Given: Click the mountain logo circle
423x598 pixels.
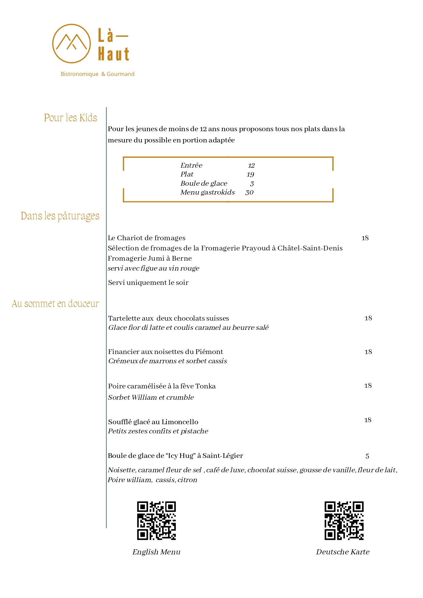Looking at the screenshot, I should click(72, 44).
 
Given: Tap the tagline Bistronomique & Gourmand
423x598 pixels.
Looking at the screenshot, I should click(97, 74).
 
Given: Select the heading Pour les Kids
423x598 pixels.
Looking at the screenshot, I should click(71, 118).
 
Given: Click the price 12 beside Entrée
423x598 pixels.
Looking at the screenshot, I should click(251, 166).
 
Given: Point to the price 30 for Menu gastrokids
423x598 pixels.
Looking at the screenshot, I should click(249, 193).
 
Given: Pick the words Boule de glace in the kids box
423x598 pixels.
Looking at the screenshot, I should click(203, 183).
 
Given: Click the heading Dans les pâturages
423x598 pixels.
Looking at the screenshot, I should click(60, 216).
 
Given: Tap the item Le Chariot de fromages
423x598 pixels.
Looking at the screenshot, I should click(147, 238).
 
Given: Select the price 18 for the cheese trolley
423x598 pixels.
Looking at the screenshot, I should click(365, 238).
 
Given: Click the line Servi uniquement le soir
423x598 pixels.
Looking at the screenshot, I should click(148, 282).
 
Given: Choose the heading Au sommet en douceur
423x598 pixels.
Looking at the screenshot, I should click(56, 304).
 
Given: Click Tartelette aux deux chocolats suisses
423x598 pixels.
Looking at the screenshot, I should click(168, 318).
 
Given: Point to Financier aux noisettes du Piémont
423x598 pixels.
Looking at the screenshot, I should click(165, 352).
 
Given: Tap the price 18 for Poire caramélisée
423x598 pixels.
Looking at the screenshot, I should click(368, 386).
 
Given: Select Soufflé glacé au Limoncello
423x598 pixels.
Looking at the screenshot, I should click(153, 422).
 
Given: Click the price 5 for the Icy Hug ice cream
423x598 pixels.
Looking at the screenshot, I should click(367, 456).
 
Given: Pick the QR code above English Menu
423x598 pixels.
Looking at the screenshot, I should click(156, 520).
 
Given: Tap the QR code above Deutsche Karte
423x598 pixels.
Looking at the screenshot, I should click(344, 520).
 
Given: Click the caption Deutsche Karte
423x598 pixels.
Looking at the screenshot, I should click(343, 552).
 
